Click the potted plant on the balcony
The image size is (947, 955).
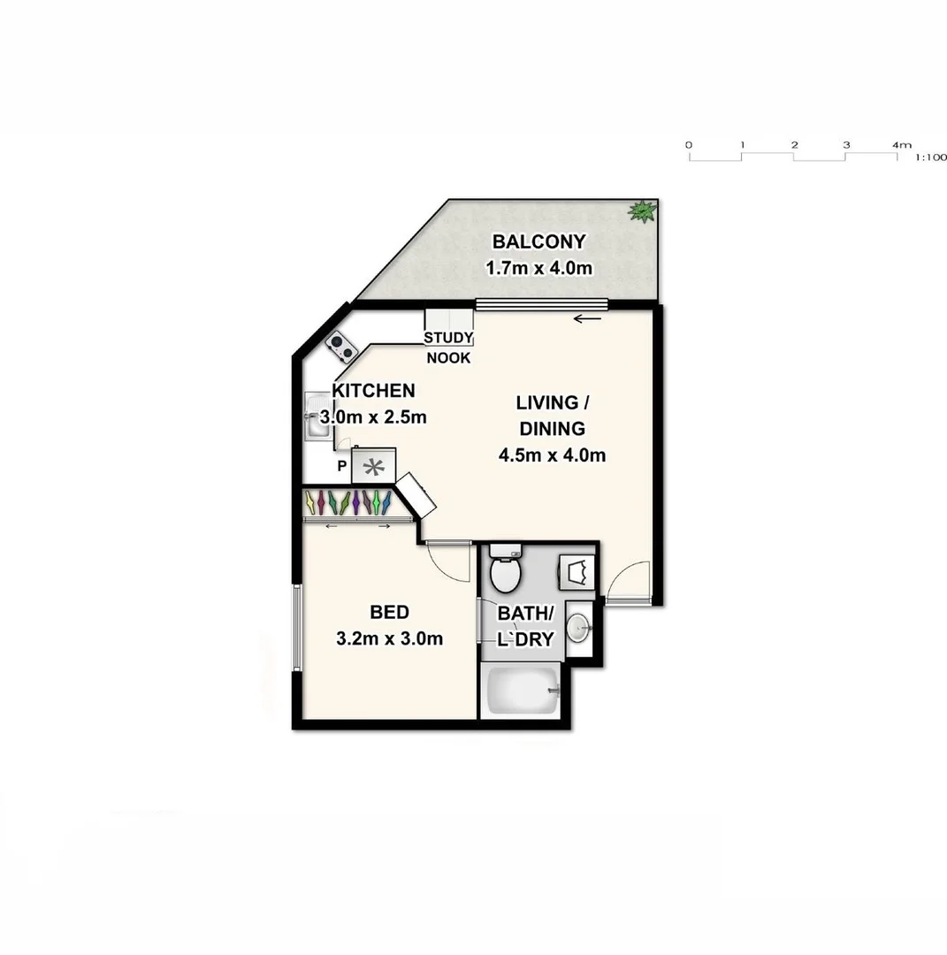pyautogui.click(x=642, y=210)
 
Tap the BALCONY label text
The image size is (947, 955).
pyautogui.click(x=538, y=241)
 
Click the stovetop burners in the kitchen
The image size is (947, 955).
pyautogui.click(x=340, y=348)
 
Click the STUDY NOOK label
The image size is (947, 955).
pyautogui.click(x=448, y=348)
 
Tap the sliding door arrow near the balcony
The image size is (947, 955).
pyautogui.click(x=587, y=319)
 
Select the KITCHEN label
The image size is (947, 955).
pyautogui.click(x=372, y=390)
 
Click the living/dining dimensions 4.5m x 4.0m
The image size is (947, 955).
pyautogui.click(x=551, y=455)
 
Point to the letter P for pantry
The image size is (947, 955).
pyautogui.click(x=341, y=466)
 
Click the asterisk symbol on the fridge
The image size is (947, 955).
pyautogui.click(x=374, y=466)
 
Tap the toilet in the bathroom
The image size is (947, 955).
pyautogui.click(x=506, y=570)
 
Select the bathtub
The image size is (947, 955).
pyautogui.click(x=520, y=691)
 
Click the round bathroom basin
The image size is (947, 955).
pyautogui.click(x=578, y=628)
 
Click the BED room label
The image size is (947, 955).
pyautogui.click(x=389, y=612)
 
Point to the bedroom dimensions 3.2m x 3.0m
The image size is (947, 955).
pyautogui.click(x=389, y=638)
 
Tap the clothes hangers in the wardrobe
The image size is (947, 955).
pyautogui.click(x=348, y=502)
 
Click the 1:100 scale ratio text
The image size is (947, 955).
pyautogui.click(x=931, y=157)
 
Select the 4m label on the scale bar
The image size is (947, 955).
pyautogui.click(x=902, y=144)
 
